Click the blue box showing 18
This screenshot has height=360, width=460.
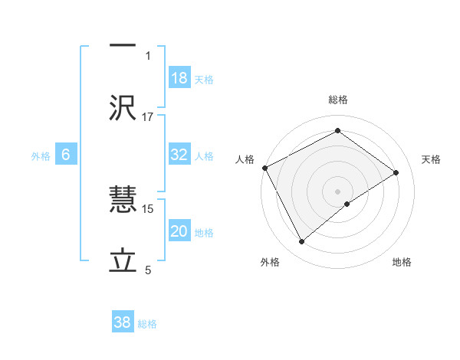179,78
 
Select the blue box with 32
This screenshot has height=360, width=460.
179,155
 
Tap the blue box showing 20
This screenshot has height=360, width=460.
179,232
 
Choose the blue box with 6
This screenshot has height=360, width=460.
66,155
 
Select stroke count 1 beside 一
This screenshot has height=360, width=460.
149,55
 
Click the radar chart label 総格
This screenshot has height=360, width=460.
337,100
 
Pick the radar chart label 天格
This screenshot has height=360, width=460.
431,159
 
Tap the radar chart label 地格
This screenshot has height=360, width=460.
402,262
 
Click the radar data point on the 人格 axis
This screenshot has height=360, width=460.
264,168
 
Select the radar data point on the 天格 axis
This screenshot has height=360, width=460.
396,172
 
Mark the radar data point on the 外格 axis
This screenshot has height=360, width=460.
302,242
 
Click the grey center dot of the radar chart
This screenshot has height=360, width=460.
337,191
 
